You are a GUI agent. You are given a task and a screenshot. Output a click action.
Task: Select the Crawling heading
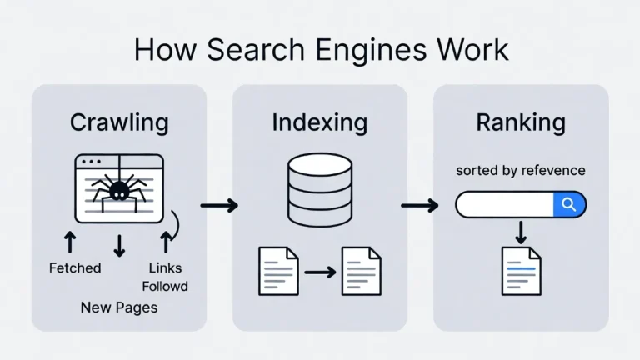click(x=119, y=122)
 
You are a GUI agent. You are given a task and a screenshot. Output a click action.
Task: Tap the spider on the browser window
click(x=118, y=187)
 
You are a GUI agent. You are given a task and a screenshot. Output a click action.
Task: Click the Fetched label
click(x=75, y=267)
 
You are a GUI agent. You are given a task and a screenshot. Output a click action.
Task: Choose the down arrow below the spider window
click(x=119, y=244)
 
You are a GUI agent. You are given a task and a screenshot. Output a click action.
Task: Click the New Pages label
click(x=119, y=307)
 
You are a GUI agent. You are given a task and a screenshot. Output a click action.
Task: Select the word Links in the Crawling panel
click(x=164, y=267)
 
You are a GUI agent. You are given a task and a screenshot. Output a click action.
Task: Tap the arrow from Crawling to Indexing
click(x=219, y=205)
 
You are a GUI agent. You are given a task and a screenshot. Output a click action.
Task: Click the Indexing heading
click(x=319, y=122)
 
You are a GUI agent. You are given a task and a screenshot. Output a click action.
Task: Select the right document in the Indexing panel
click(x=361, y=270)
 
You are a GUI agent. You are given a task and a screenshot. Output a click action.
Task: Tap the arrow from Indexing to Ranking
click(x=420, y=205)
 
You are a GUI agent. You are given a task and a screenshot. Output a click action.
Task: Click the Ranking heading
click(x=521, y=122)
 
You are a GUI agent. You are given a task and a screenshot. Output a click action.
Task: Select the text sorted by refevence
click(x=521, y=170)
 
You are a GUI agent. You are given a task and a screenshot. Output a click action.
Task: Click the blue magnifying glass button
click(x=570, y=204)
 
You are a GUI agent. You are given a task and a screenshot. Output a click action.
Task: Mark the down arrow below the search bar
click(x=521, y=232)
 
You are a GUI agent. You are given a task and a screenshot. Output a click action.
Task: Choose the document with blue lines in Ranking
click(x=521, y=270)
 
